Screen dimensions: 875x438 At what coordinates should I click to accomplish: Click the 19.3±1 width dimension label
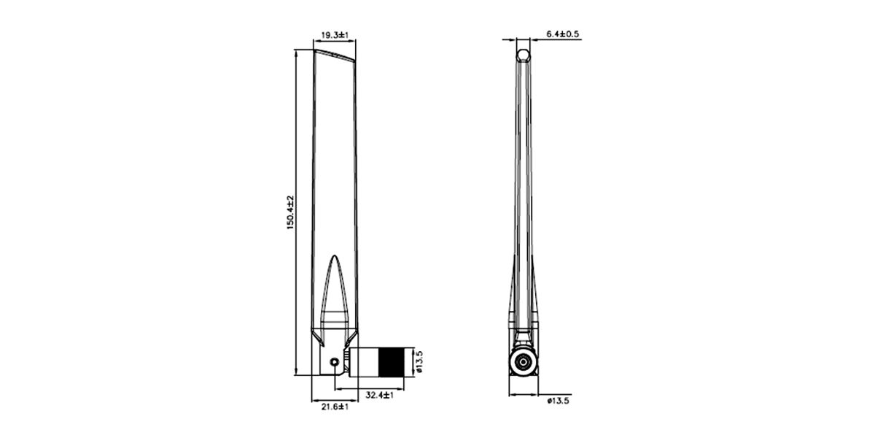(x=335, y=36)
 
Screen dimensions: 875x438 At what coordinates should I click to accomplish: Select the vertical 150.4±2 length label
(x=290, y=212)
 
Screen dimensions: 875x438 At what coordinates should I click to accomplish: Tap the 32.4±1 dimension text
(x=380, y=396)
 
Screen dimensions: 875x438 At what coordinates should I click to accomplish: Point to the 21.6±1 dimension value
(x=335, y=407)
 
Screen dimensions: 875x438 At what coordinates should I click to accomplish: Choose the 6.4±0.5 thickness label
(x=562, y=34)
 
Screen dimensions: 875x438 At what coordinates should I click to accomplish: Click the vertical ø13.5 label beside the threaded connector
(x=419, y=361)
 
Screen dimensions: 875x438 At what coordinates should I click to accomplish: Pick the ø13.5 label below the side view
(x=559, y=401)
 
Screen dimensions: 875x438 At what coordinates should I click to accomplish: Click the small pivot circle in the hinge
(x=335, y=362)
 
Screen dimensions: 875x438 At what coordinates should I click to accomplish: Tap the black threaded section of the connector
(x=390, y=362)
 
